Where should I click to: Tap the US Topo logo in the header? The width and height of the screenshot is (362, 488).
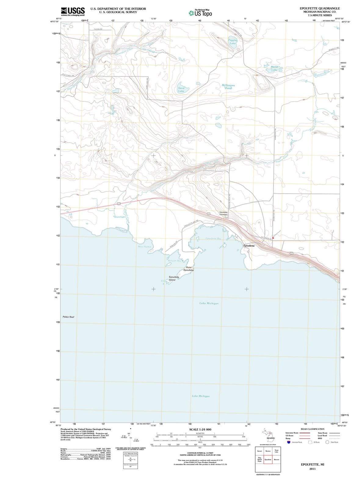200,13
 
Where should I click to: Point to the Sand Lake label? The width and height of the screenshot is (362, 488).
181,89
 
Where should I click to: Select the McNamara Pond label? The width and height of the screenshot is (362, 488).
228,87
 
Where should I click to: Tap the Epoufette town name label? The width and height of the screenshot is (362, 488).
251,246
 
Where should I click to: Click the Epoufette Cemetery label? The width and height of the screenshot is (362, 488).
223,213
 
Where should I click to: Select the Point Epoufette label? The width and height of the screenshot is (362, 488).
188,269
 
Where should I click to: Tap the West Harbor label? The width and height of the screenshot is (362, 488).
145,246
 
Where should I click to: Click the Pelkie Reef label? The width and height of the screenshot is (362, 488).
68,317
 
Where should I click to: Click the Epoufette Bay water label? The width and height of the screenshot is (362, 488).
214,238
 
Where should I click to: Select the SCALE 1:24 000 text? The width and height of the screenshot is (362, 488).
200,429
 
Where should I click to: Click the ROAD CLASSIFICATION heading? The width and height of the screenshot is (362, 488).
313,429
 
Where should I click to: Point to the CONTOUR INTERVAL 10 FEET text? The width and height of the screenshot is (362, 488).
200,453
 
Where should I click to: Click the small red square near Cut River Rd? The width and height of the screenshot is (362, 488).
273,238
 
